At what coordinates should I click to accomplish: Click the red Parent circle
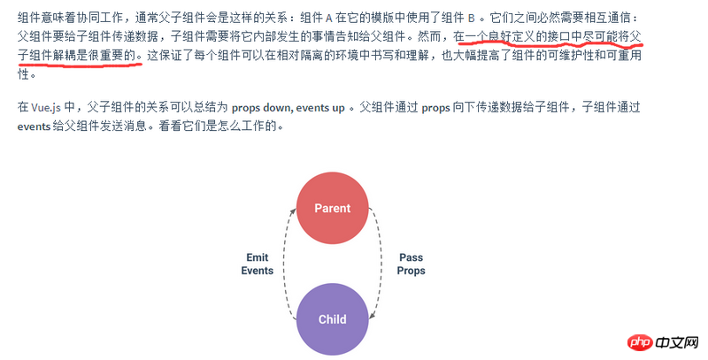[x=333, y=208]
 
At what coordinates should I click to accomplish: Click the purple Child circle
[x=333, y=319]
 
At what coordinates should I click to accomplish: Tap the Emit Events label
[x=258, y=264]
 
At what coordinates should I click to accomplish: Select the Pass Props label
[x=411, y=264]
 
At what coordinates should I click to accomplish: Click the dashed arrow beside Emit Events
[x=283, y=264]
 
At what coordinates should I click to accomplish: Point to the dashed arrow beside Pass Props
[x=381, y=264]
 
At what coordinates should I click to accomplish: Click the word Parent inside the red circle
[x=333, y=208]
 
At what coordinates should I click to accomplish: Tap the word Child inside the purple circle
[x=333, y=319]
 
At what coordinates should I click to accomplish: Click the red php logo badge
[x=640, y=343]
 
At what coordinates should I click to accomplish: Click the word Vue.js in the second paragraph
[x=46, y=108]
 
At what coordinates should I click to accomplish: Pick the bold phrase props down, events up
[x=289, y=108]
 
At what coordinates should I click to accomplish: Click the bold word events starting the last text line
[x=34, y=126]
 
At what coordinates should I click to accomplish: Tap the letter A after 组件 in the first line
[x=328, y=19]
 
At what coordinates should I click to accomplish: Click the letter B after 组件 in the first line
[x=472, y=19]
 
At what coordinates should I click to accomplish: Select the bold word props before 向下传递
[x=435, y=108]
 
